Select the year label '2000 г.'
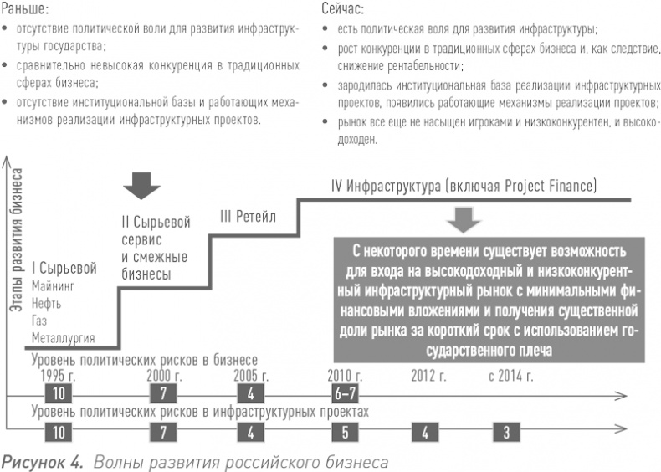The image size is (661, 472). pyautogui.click(x=165, y=375)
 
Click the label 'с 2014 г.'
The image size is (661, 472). pyautogui.click(x=510, y=375)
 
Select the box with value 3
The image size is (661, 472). pyautogui.click(x=507, y=433)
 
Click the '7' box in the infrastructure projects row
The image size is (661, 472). pyautogui.click(x=164, y=433)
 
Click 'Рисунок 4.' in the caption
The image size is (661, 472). pyautogui.click(x=39, y=461)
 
